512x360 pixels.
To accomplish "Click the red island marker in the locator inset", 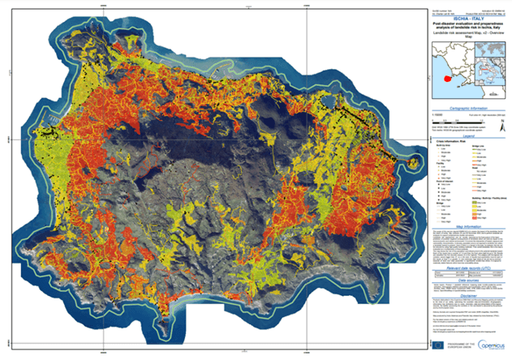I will tap(448, 79).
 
